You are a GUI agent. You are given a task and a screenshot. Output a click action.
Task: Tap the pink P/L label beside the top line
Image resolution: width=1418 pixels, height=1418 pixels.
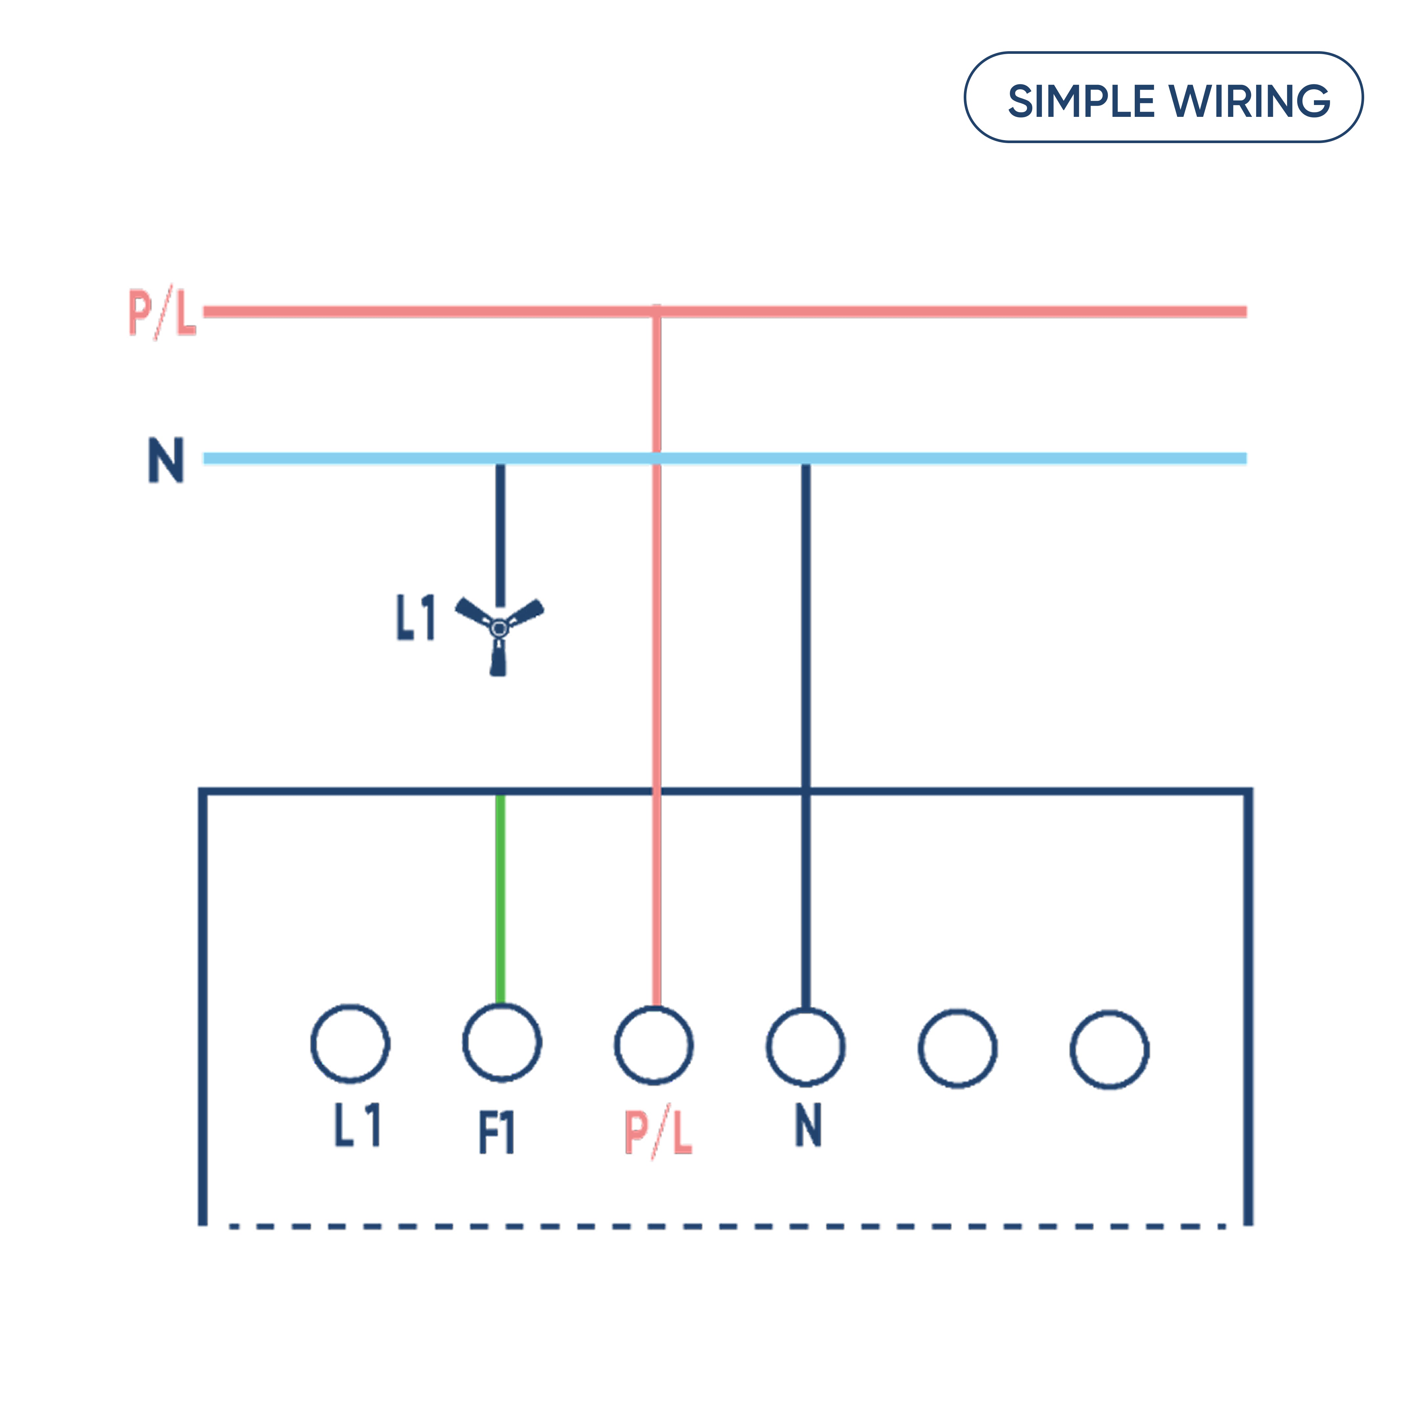click(162, 312)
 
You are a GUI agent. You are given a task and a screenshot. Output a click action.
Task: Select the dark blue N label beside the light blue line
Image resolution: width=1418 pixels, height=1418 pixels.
click(166, 460)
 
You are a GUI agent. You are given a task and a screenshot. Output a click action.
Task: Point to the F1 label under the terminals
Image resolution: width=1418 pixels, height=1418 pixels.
click(497, 1132)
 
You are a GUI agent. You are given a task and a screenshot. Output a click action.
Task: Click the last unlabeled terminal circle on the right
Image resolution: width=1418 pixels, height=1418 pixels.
click(1109, 1050)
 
